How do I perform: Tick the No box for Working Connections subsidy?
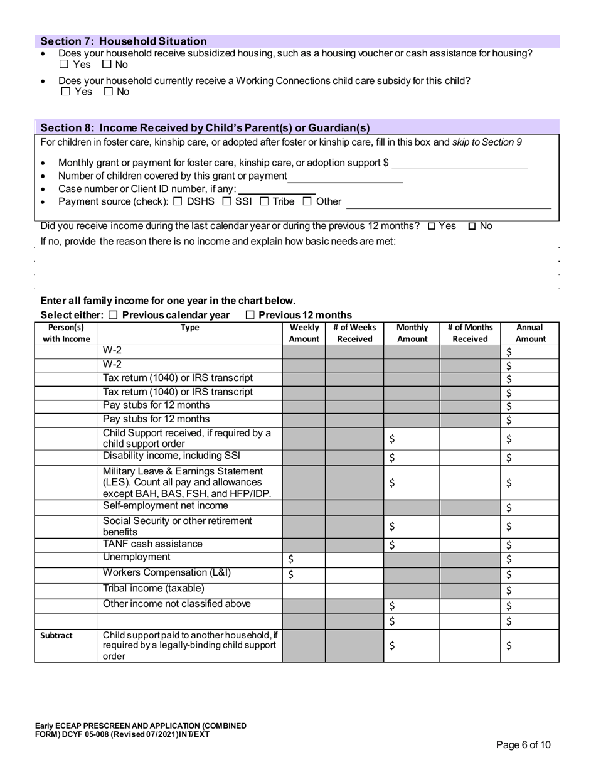pos(108,92)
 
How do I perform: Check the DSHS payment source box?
pos(178,201)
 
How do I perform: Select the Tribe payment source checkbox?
pos(264,201)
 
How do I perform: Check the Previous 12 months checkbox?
pos(250,315)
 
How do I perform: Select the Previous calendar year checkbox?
pos(113,315)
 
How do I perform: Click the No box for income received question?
pos(472,226)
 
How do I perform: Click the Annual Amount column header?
pos(530,333)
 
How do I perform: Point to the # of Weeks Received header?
pos(354,333)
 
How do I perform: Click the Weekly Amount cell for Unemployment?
pos(304,559)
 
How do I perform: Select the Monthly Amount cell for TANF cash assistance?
pos(412,545)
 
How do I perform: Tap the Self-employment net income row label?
pos(166,506)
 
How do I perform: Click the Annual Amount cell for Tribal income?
pos(530,591)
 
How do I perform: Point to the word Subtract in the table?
pos(56,635)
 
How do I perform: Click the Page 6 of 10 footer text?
pos(523,745)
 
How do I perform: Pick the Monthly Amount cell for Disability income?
pos(412,458)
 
